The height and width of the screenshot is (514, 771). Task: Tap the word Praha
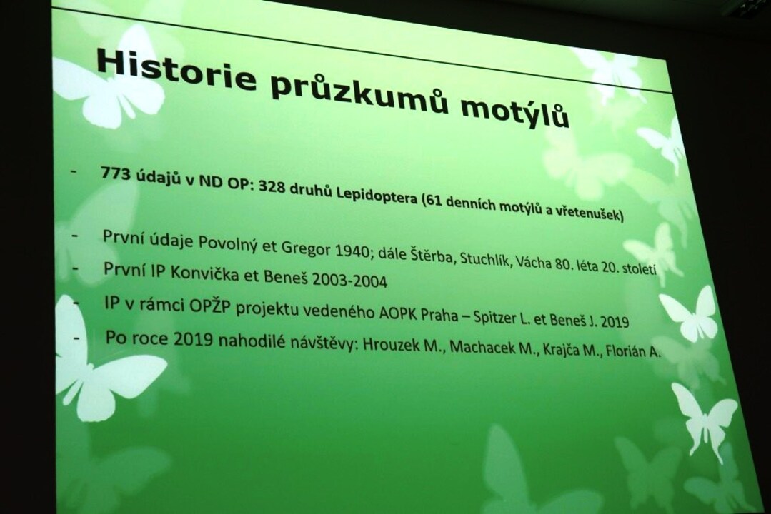point(439,316)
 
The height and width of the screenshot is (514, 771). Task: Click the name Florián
point(626,351)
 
